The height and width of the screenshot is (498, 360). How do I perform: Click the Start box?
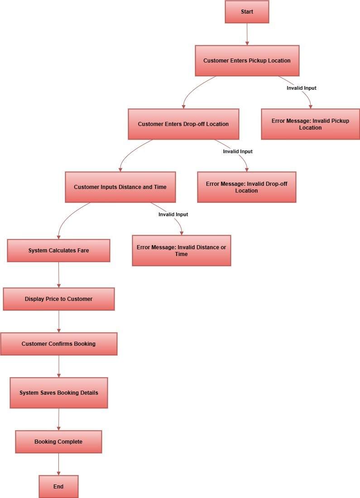click(x=247, y=12)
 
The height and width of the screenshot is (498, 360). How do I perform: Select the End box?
click(x=58, y=486)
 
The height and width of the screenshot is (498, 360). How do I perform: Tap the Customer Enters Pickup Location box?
click(x=247, y=61)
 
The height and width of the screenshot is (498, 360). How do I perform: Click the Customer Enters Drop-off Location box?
click(x=183, y=124)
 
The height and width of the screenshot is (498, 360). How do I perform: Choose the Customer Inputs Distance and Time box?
click(x=120, y=187)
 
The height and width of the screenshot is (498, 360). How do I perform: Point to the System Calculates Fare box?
click(x=58, y=251)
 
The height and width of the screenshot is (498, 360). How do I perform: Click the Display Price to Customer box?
click(x=58, y=299)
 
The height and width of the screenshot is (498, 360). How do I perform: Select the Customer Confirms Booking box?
click(x=58, y=344)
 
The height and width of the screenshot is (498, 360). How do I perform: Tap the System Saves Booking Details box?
click(x=58, y=393)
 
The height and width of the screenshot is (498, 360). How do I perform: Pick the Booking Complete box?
click(x=58, y=442)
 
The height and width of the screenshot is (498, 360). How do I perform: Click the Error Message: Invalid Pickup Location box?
click(x=310, y=124)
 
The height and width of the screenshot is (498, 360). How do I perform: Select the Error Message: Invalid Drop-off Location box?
click(x=246, y=187)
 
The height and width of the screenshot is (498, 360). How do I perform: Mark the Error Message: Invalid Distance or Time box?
click(x=181, y=251)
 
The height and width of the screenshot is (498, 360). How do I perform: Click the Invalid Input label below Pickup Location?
click(x=301, y=88)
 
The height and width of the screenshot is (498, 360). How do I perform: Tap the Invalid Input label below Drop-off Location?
click(x=238, y=151)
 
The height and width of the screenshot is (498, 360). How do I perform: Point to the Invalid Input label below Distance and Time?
click(x=173, y=214)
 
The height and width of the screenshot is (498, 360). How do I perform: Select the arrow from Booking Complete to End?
click(x=58, y=464)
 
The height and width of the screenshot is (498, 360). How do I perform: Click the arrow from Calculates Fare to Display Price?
click(x=59, y=275)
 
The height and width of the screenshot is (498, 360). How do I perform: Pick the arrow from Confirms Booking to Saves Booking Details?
click(x=59, y=366)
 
